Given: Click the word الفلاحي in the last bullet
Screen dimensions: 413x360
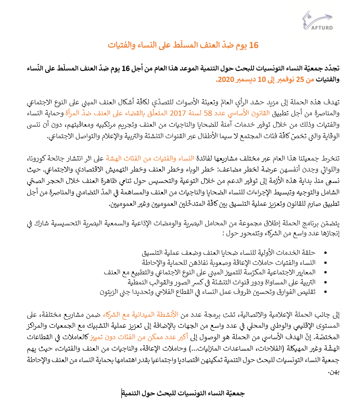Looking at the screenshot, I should pos(200,292).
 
